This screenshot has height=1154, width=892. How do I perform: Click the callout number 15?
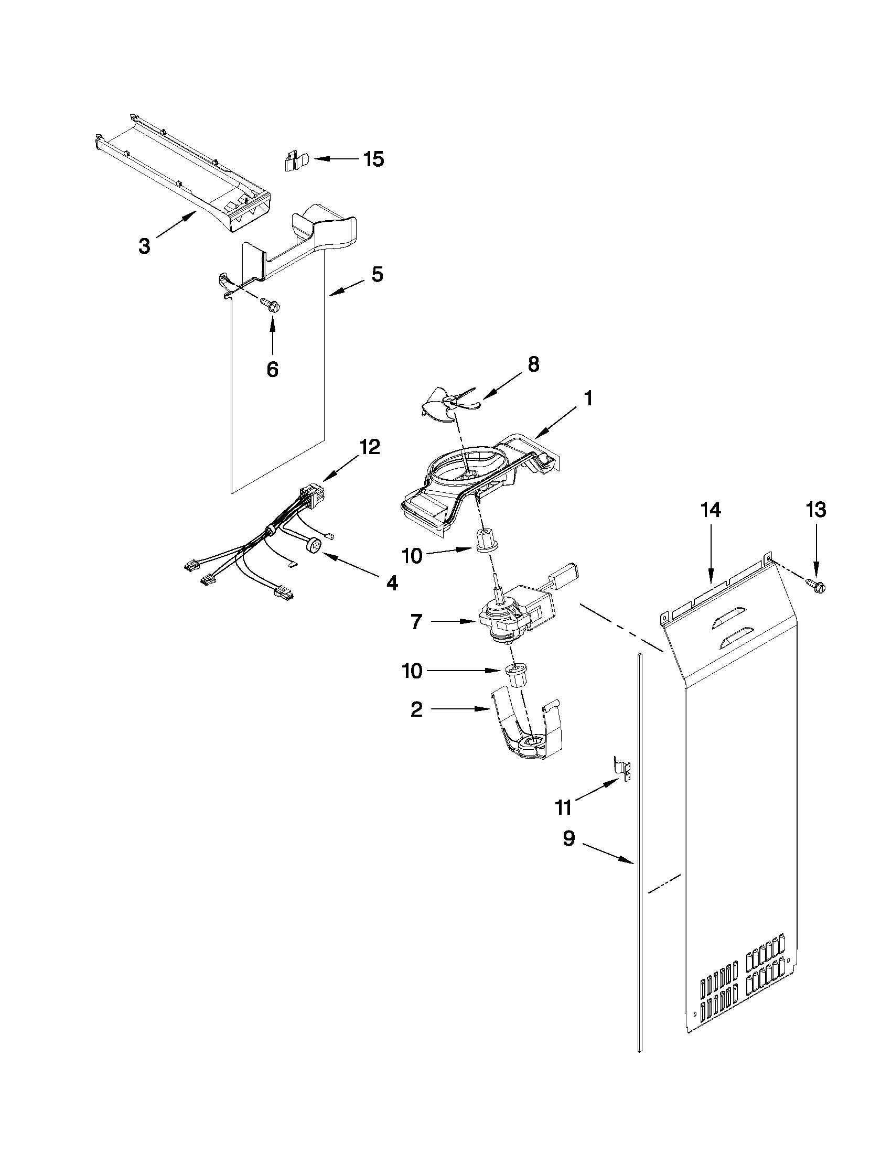point(373,159)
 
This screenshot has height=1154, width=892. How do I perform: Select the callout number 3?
point(144,246)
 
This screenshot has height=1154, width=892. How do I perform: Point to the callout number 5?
point(377,275)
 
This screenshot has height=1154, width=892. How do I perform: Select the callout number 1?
point(588,398)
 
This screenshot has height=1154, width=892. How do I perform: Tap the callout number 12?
point(369,448)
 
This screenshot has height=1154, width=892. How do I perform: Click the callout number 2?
point(416,710)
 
